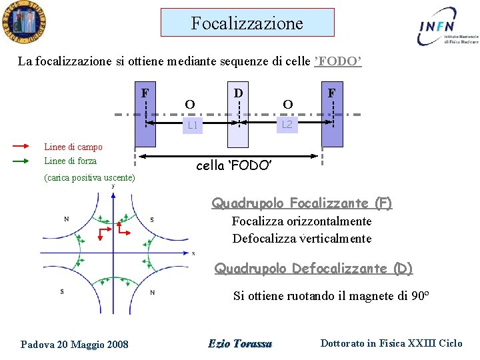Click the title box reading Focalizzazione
click(x=247, y=23)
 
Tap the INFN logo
click(x=445, y=26)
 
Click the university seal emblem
click(x=23, y=23)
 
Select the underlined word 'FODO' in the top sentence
click(x=338, y=61)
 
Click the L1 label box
click(x=192, y=125)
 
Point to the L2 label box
click(x=287, y=125)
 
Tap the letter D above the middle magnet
click(x=237, y=91)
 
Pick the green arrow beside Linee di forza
click(x=21, y=161)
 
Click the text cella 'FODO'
click(x=234, y=165)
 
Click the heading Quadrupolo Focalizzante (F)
click(x=302, y=203)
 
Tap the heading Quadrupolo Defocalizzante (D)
click(x=313, y=269)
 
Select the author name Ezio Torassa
click(x=240, y=344)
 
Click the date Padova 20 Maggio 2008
click(x=75, y=344)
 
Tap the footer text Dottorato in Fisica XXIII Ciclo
click(x=391, y=343)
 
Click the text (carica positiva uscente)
click(x=89, y=178)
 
